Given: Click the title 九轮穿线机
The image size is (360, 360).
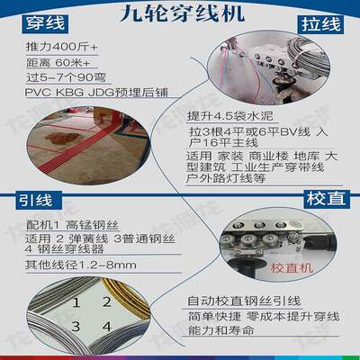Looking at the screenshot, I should [179, 15].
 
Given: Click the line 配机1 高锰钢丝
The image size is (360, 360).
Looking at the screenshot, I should [67, 223].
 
